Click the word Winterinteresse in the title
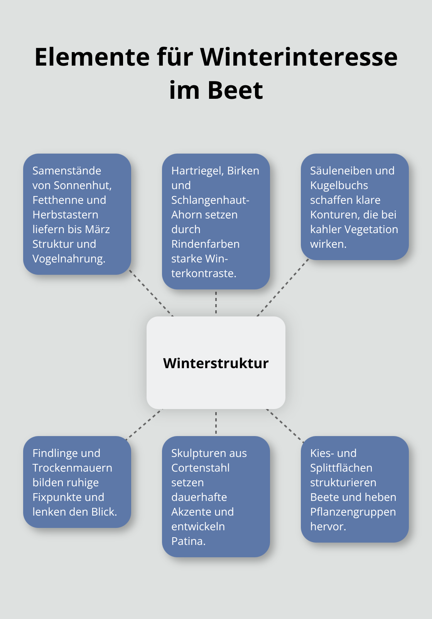coord(299,57)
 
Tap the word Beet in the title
coord(235,91)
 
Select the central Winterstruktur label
coord(216,363)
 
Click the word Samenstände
coord(67,171)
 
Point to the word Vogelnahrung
coord(69,259)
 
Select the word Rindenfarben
coord(205,244)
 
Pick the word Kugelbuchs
coord(339,185)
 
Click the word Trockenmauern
coord(72,468)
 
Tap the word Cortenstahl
coord(200,468)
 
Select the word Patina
coord(188,541)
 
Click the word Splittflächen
coord(341,468)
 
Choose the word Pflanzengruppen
coord(353,512)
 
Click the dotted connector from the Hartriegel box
coord(216,303)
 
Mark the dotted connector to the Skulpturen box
coord(216,423)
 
